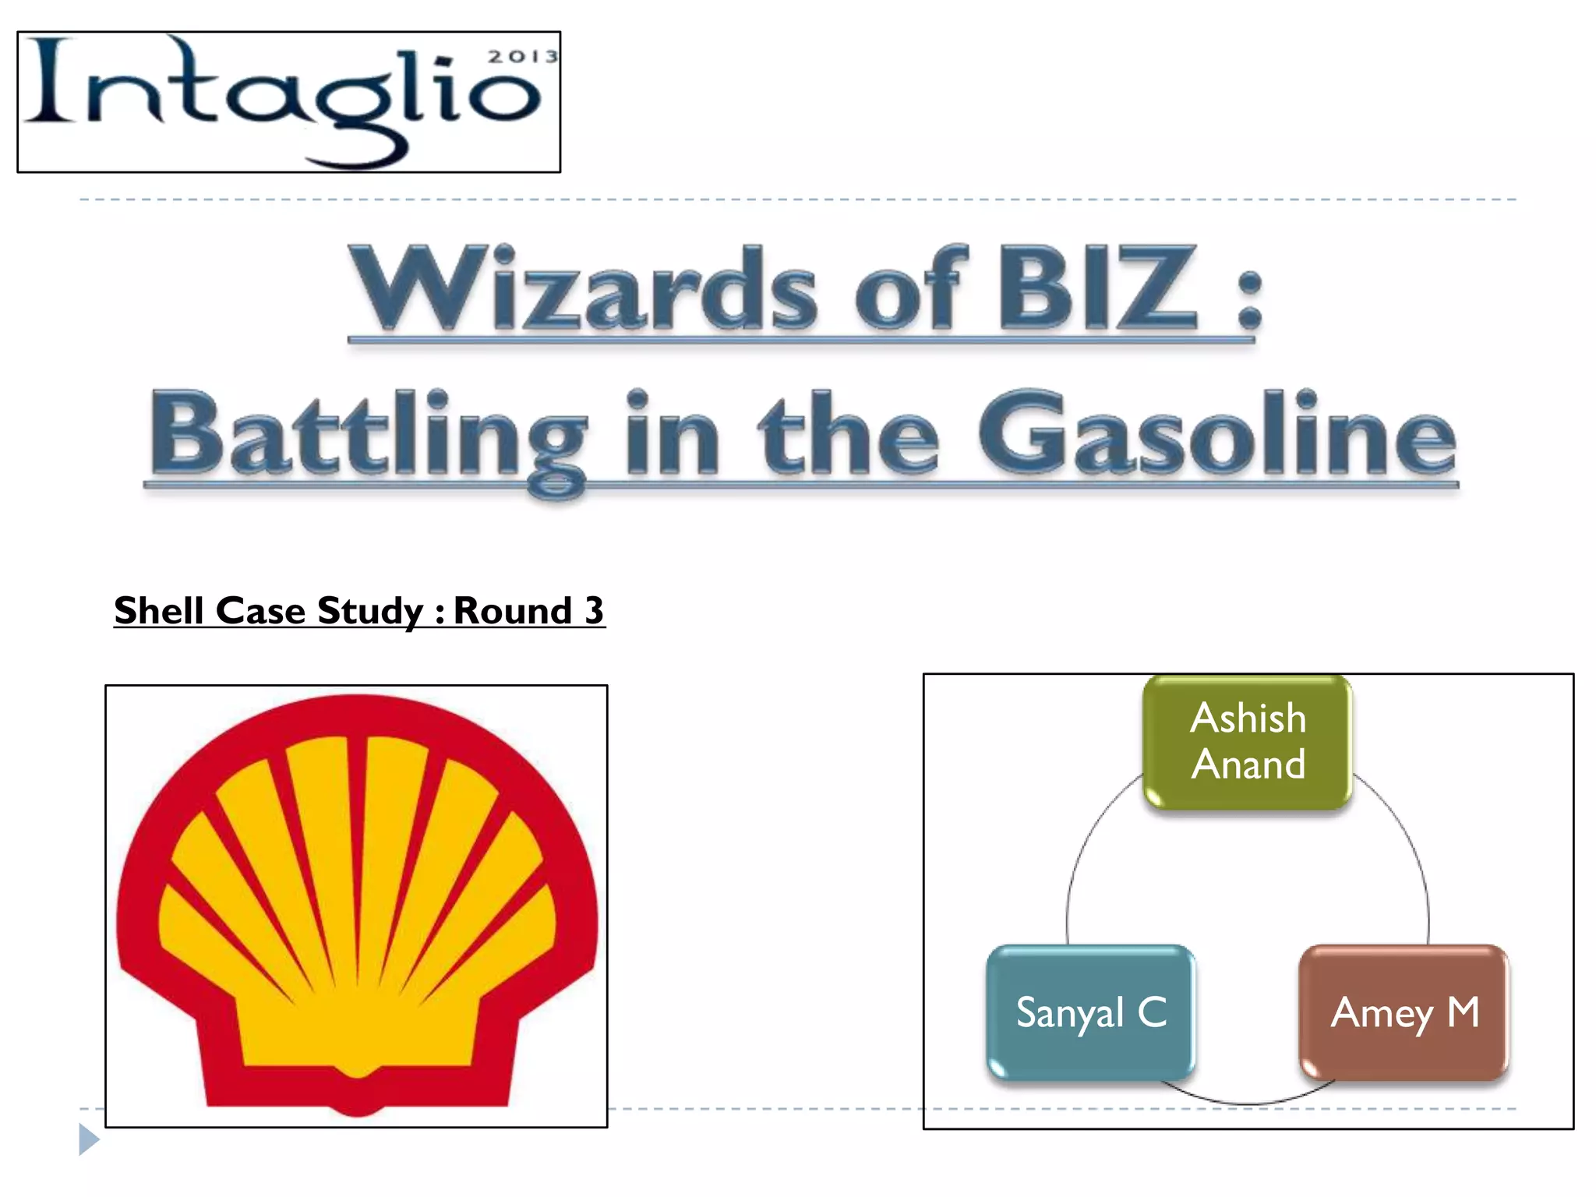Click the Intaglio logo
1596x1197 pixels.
point(288,102)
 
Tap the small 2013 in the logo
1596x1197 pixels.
point(523,57)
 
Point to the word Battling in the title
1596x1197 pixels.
point(366,436)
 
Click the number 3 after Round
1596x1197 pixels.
point(594,610)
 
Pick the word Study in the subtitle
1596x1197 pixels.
point(370,610)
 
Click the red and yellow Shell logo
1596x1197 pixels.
point(356,904)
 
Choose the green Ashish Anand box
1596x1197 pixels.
point(1248,741)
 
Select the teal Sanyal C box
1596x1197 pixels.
point(1090,1012)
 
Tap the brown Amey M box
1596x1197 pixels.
point(1404,1012)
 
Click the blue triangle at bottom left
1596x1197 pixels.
point(89,1139)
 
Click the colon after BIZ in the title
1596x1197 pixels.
point(1249,300)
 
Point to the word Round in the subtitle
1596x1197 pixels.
point(512,610)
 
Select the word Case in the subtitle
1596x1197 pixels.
point(260,610)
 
